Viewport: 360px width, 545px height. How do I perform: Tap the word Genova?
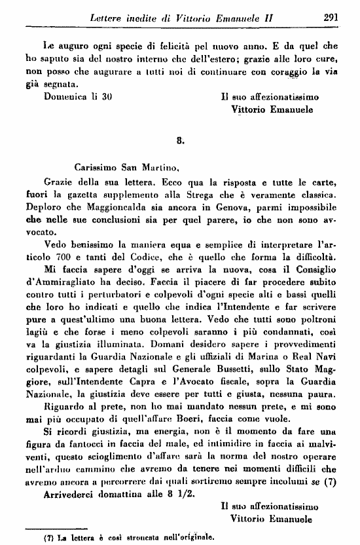[x=213, y=210]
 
